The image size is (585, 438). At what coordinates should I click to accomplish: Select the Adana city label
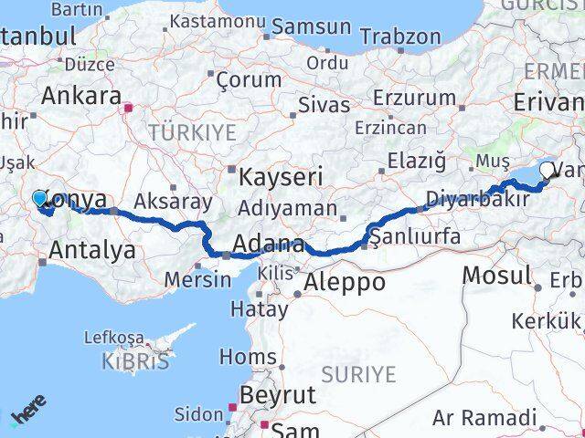coord(269,244)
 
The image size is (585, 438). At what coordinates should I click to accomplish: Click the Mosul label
coord(496,274)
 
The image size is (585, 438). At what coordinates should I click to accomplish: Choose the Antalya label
coord(94,248)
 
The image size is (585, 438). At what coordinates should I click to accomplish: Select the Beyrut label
coord(278,395)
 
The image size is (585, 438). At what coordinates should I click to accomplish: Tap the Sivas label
coord(324,105)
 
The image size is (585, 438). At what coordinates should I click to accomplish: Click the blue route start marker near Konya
coord(39,197)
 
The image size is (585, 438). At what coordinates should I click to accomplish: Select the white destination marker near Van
coord(548,169)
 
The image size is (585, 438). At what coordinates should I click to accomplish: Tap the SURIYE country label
coord(358,374)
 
